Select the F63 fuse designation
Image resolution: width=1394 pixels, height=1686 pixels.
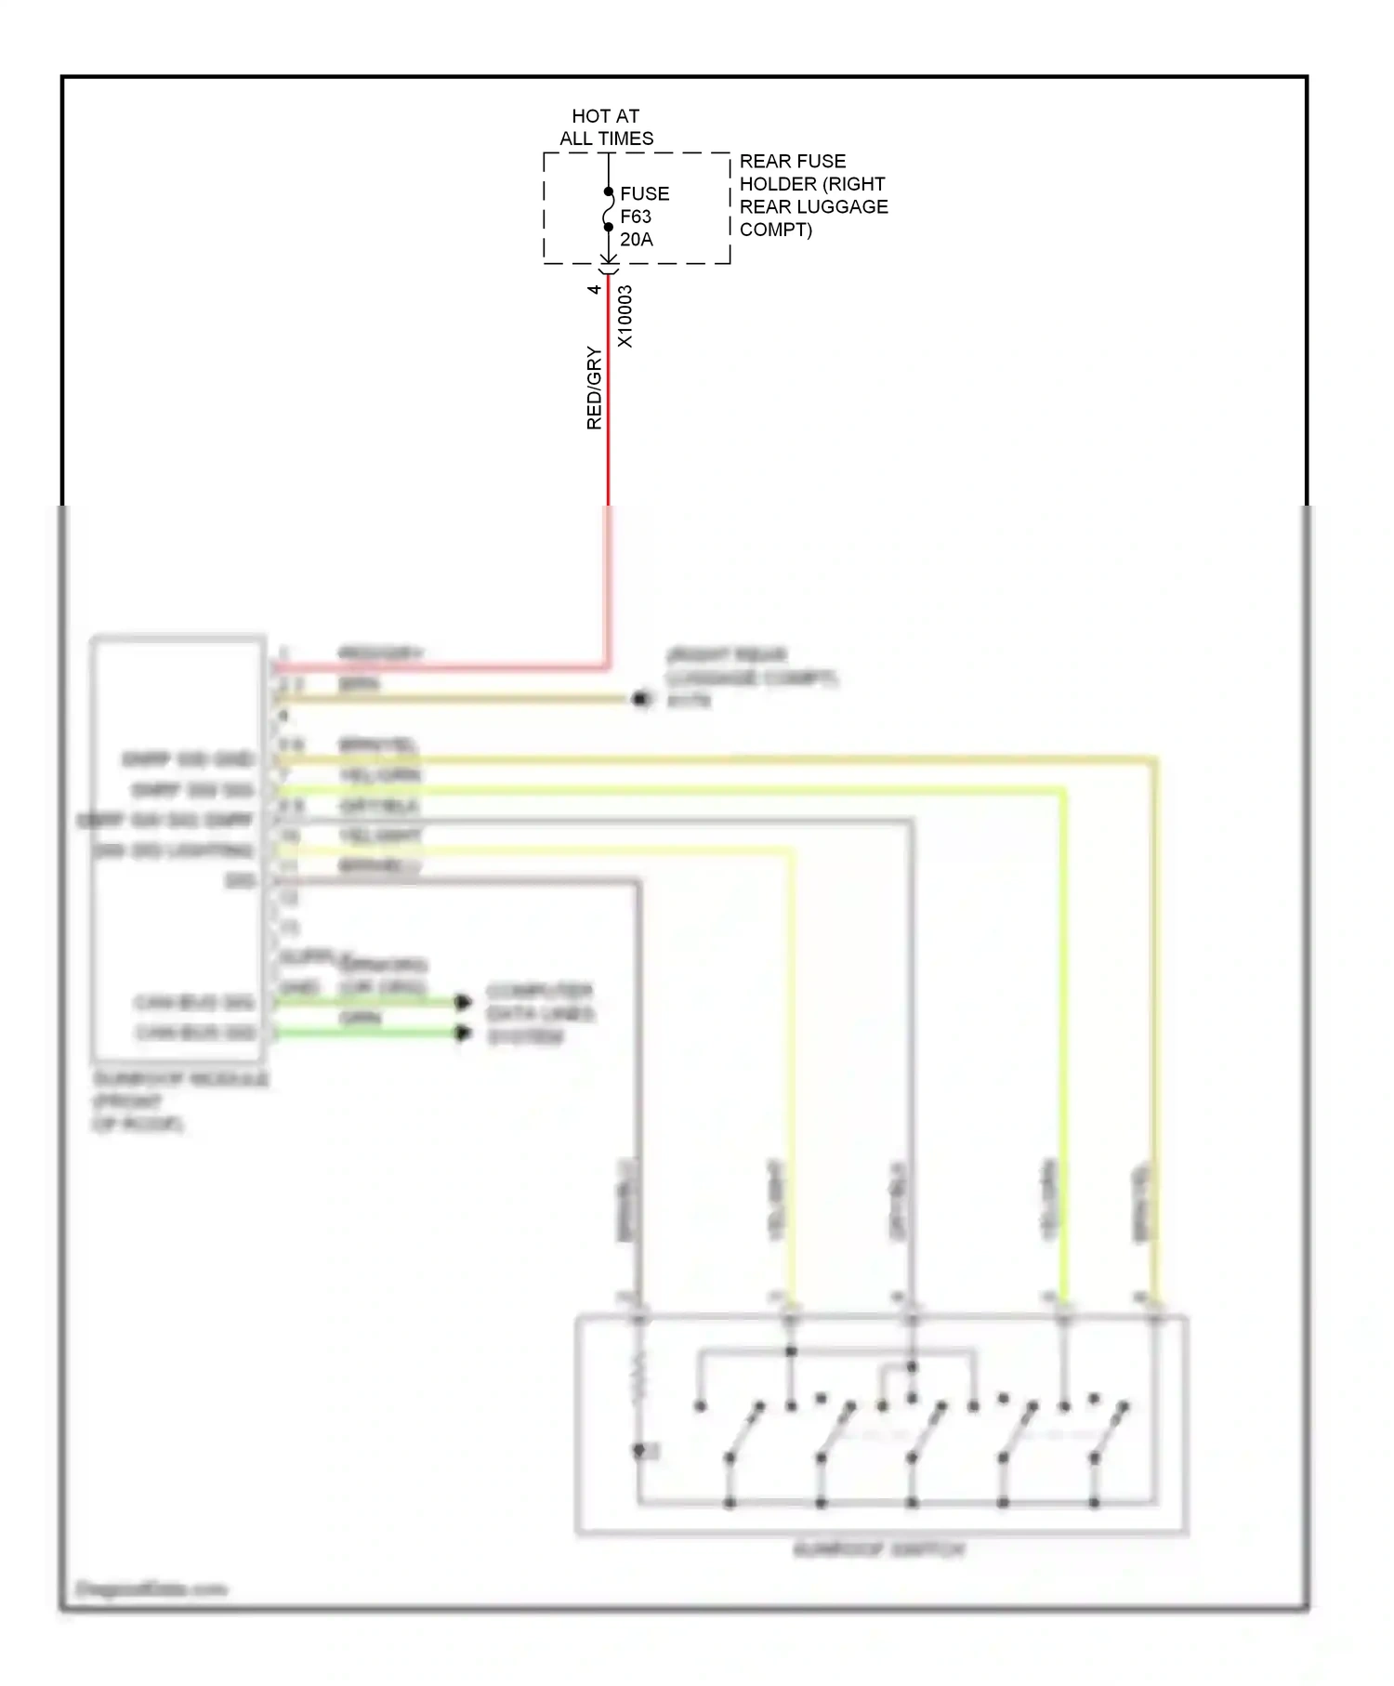[636, 217]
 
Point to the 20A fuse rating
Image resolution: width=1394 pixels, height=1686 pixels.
[637, 240]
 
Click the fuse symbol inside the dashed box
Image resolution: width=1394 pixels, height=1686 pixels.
[608, 210]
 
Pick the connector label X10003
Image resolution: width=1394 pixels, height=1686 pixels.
[625, 317]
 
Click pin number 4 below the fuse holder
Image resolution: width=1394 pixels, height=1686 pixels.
[594, 289]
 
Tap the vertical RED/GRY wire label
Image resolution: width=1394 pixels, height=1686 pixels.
[594, 388]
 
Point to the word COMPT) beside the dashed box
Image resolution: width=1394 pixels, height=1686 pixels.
[776, 230]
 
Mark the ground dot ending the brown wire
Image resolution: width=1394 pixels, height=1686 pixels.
[641, 699]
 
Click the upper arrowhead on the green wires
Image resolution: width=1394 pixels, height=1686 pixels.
[463, 1002]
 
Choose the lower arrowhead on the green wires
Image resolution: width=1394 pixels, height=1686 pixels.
[463, 1033]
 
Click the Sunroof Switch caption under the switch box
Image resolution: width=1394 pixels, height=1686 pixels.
[879, 1549]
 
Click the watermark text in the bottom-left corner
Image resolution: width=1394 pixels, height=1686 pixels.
[151, 1588]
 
